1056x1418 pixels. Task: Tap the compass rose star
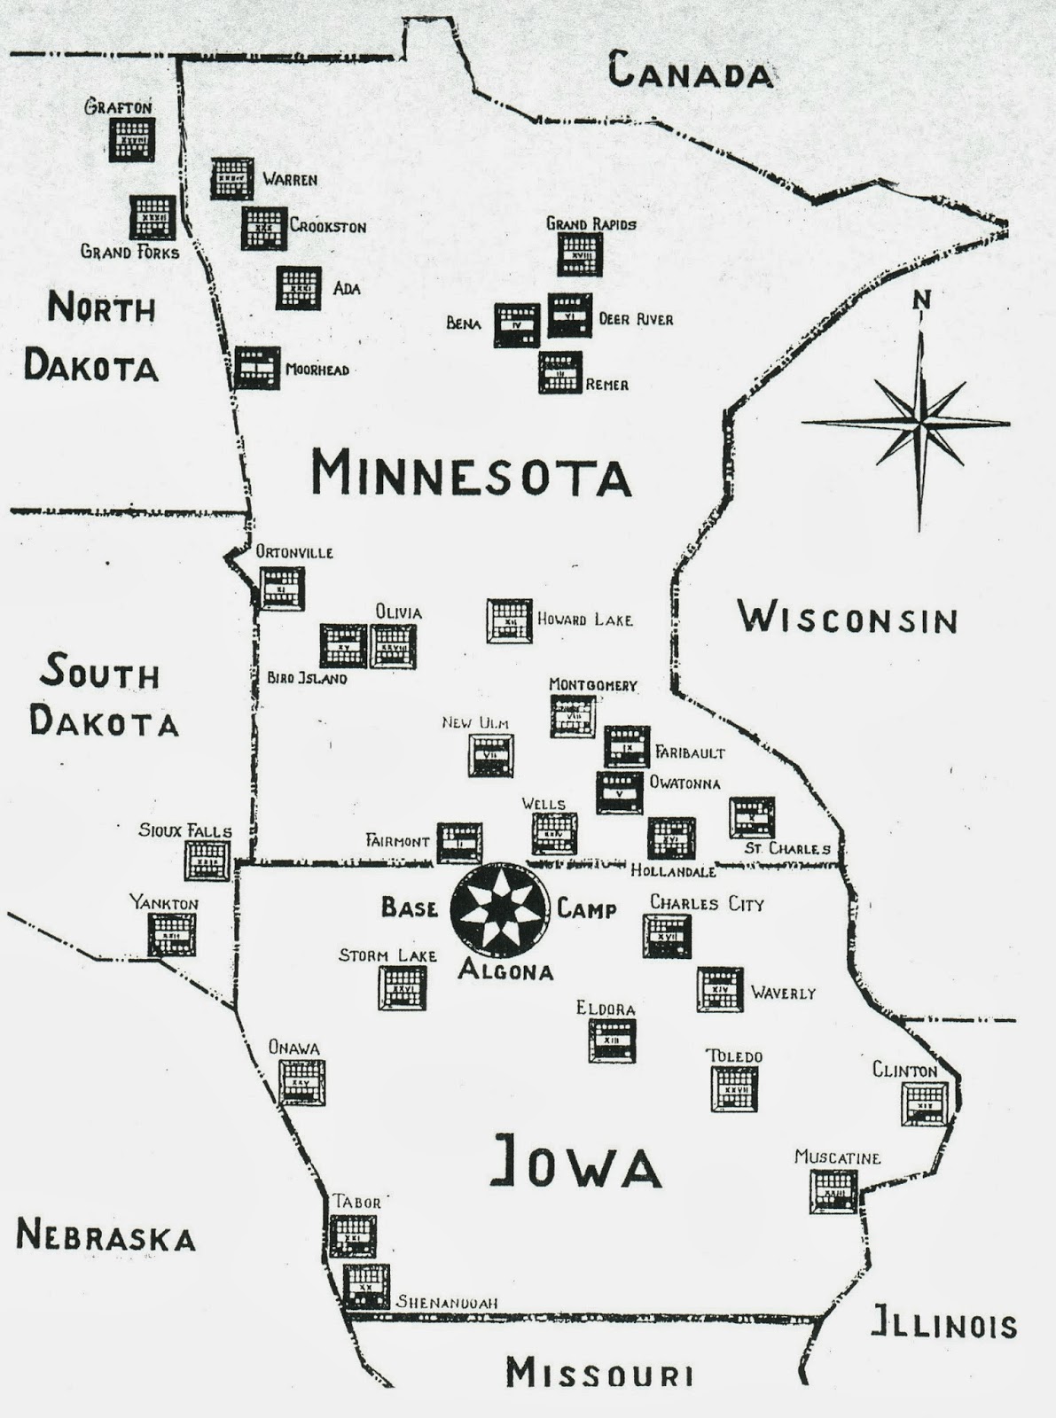[919, 422]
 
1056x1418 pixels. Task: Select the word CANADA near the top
[690, 71]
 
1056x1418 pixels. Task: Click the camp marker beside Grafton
[132, 139]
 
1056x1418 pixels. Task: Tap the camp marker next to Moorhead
[257, 367]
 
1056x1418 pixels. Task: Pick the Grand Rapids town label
[591, 223]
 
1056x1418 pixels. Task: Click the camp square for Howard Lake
[509, 620]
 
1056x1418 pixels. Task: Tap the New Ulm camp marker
[490, 755]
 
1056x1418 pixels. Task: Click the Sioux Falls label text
[184, 830]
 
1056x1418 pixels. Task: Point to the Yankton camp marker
[171, 933]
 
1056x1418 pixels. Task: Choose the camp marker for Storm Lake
[403, 987]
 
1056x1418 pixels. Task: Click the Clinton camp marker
[924, 1103]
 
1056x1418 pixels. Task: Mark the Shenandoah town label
[446, 1302]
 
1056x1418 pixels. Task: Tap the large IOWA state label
[575, 1163]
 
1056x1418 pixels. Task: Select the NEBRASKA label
[106, 1235]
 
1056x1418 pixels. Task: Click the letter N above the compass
[922, 301]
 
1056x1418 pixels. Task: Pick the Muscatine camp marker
[833, 1191]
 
